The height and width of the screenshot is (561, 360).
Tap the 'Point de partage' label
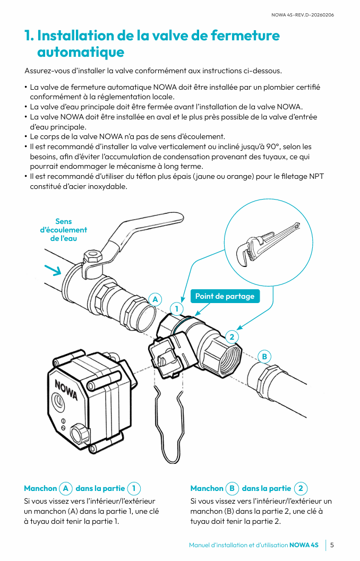225,296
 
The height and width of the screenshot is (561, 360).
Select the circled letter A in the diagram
155,299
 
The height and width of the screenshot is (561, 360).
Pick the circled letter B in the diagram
264,356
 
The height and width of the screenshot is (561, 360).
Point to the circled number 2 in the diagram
232,336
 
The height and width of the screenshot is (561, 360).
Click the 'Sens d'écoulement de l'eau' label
64,230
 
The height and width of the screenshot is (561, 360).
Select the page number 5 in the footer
332,545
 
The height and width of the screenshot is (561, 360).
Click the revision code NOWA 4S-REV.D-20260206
303,15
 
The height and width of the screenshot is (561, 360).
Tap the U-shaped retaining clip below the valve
170,425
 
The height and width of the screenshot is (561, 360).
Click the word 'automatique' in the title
81,52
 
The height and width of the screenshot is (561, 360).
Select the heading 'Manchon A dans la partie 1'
82,488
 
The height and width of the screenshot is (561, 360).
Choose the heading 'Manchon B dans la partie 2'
248,488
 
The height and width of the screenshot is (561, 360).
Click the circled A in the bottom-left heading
66,488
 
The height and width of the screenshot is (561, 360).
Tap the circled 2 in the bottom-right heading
301,488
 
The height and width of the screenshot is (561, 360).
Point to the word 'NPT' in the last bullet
316,177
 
